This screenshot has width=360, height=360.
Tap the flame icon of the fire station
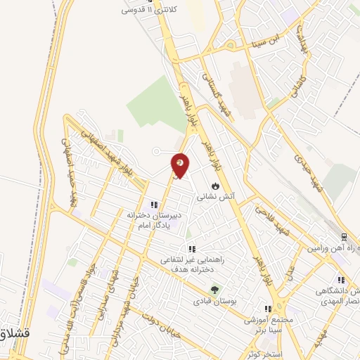coord(215,185)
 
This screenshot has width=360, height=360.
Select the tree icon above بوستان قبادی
coord(215,288)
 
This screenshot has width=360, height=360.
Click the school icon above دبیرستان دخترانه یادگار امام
coord(153,205)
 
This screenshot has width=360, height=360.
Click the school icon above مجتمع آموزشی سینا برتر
coord(267,308)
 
